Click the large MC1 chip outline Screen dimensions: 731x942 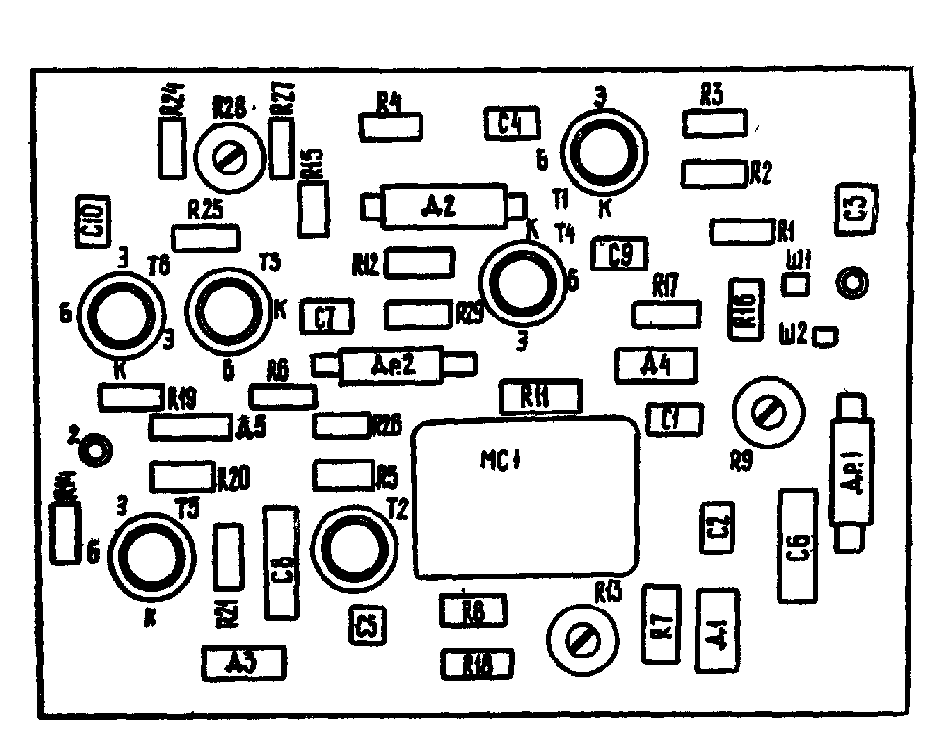point(526,500)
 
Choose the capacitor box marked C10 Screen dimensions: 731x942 point(94,219)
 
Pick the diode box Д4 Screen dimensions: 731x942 point(656,365)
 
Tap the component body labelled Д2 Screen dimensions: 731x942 point(440,207)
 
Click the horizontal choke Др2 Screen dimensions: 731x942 point(392,365)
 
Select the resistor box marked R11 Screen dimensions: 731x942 point(539,397)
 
